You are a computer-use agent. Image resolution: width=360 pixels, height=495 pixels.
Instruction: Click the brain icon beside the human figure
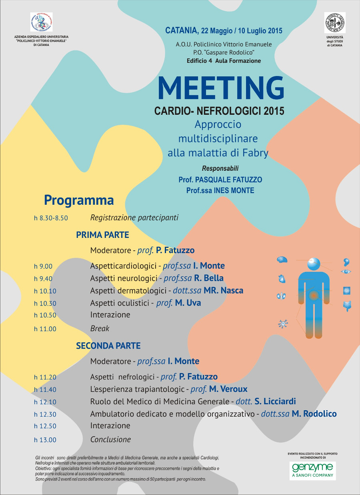tap(282, 260)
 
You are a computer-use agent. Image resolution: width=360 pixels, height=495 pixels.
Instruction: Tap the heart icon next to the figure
tap(282, 278)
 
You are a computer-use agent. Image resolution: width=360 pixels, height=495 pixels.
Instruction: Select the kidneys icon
tap(281, 296)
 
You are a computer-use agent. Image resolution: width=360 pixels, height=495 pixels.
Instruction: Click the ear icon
tap(346, 262)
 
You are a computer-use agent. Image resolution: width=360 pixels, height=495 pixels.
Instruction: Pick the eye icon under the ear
tap(346, 272)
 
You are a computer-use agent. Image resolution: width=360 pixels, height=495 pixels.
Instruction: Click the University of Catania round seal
tap(335, 23)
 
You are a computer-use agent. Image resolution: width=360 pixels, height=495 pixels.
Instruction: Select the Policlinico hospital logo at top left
tap(42, 22)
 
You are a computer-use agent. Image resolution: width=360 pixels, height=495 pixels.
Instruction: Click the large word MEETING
tap(221, 88)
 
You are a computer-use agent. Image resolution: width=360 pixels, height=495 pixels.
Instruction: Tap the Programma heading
tap(79, 200)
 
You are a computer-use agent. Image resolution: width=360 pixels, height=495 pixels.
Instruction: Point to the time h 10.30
tap(45, 303)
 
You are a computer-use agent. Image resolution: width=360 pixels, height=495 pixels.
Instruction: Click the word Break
tap(100, 328)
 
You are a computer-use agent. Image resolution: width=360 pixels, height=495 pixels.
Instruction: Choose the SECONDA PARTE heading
tap(108, 346)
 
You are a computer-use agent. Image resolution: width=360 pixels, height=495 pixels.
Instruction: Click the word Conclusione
tap(111, 439)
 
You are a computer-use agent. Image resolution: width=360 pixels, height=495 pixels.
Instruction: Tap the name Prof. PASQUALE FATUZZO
tap(220, 180)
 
